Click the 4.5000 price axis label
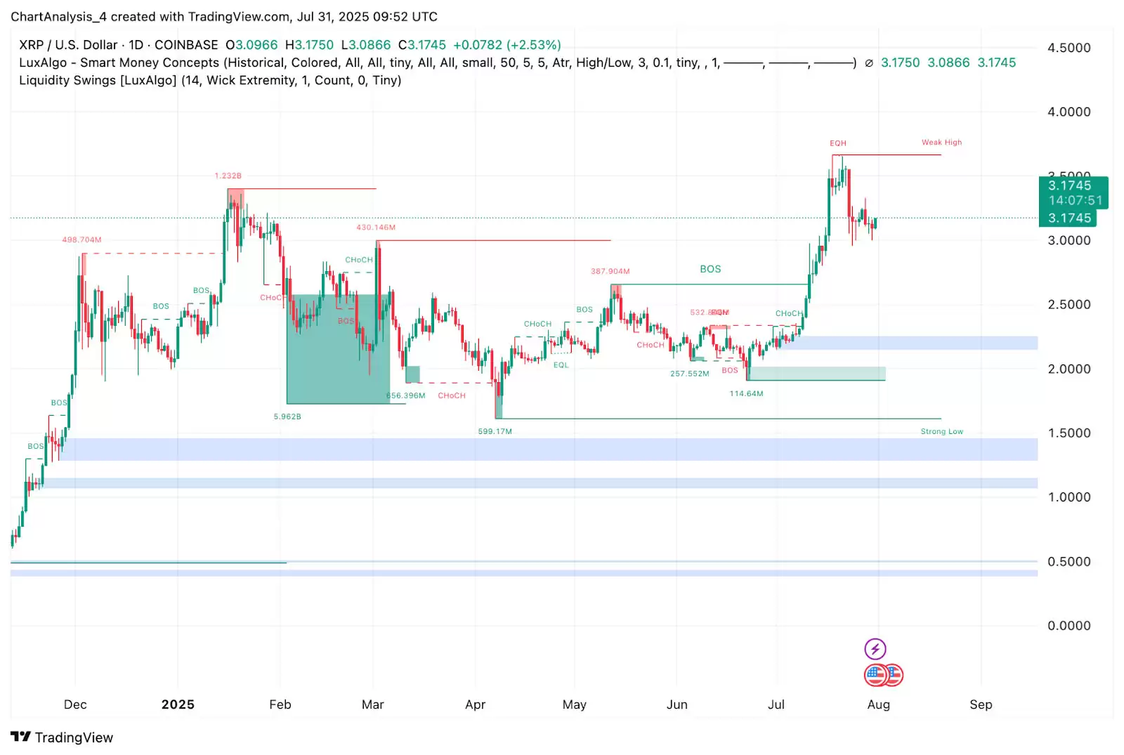pos(1069,48)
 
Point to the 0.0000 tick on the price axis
pos(1069,626)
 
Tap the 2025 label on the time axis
pos(178,704)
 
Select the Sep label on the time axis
pos(981,704)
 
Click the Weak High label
pos(941,143)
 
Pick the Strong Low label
pos(941,432)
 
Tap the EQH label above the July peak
pos(838,143)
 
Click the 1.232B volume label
pos(228,176)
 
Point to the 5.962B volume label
pos(287,416)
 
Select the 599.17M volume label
pos(495,431)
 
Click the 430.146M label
pos(376,228)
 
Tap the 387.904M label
pos(610,271)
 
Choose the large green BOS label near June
pos(710,269)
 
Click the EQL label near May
pos(561,365)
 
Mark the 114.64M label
pos(746,394)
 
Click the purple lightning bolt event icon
pos(875,648)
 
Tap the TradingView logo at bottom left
pos(62,737)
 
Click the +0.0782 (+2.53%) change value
pos(507,45)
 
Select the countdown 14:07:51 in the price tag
pos(1075,201)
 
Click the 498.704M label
pos(81,240)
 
